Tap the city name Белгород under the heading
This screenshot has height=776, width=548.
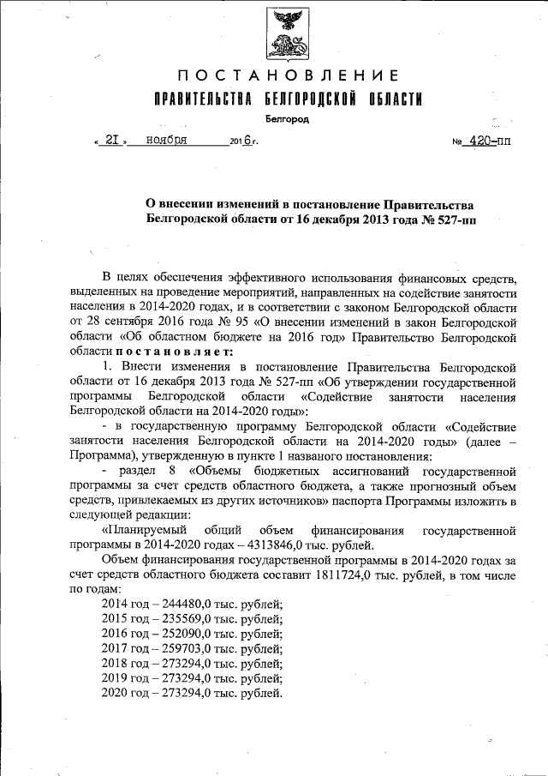point(287,119)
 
